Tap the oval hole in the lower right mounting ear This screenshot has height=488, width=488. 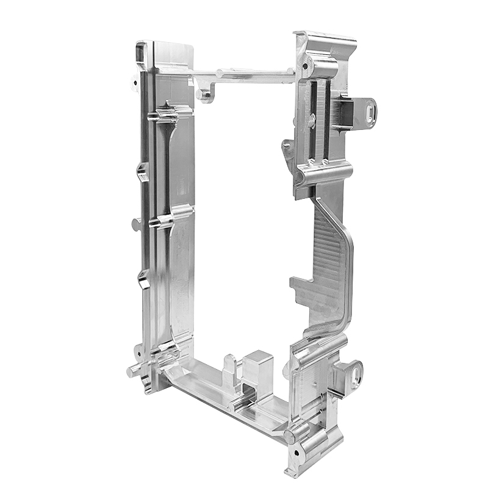click(x=354, y=370)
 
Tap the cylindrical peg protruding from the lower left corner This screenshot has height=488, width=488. click(x=134, y=370)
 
